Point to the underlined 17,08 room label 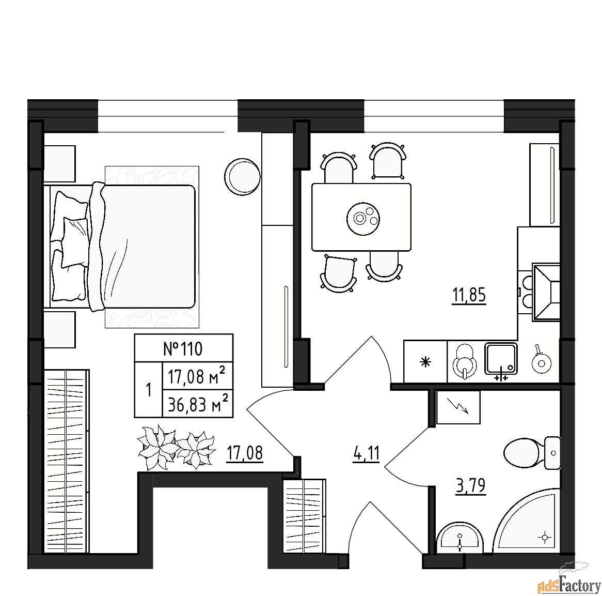tap(245, 453)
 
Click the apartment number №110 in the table tap(183, 349)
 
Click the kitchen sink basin tap(501, 359)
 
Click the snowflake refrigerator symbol tap(425, 362)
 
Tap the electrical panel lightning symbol tap(458, 407)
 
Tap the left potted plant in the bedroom tap(157, 447)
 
